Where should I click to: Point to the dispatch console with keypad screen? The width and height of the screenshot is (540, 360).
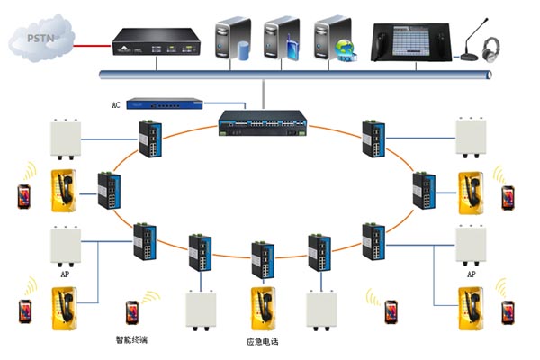413,42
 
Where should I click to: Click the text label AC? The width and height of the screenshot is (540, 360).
115,105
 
